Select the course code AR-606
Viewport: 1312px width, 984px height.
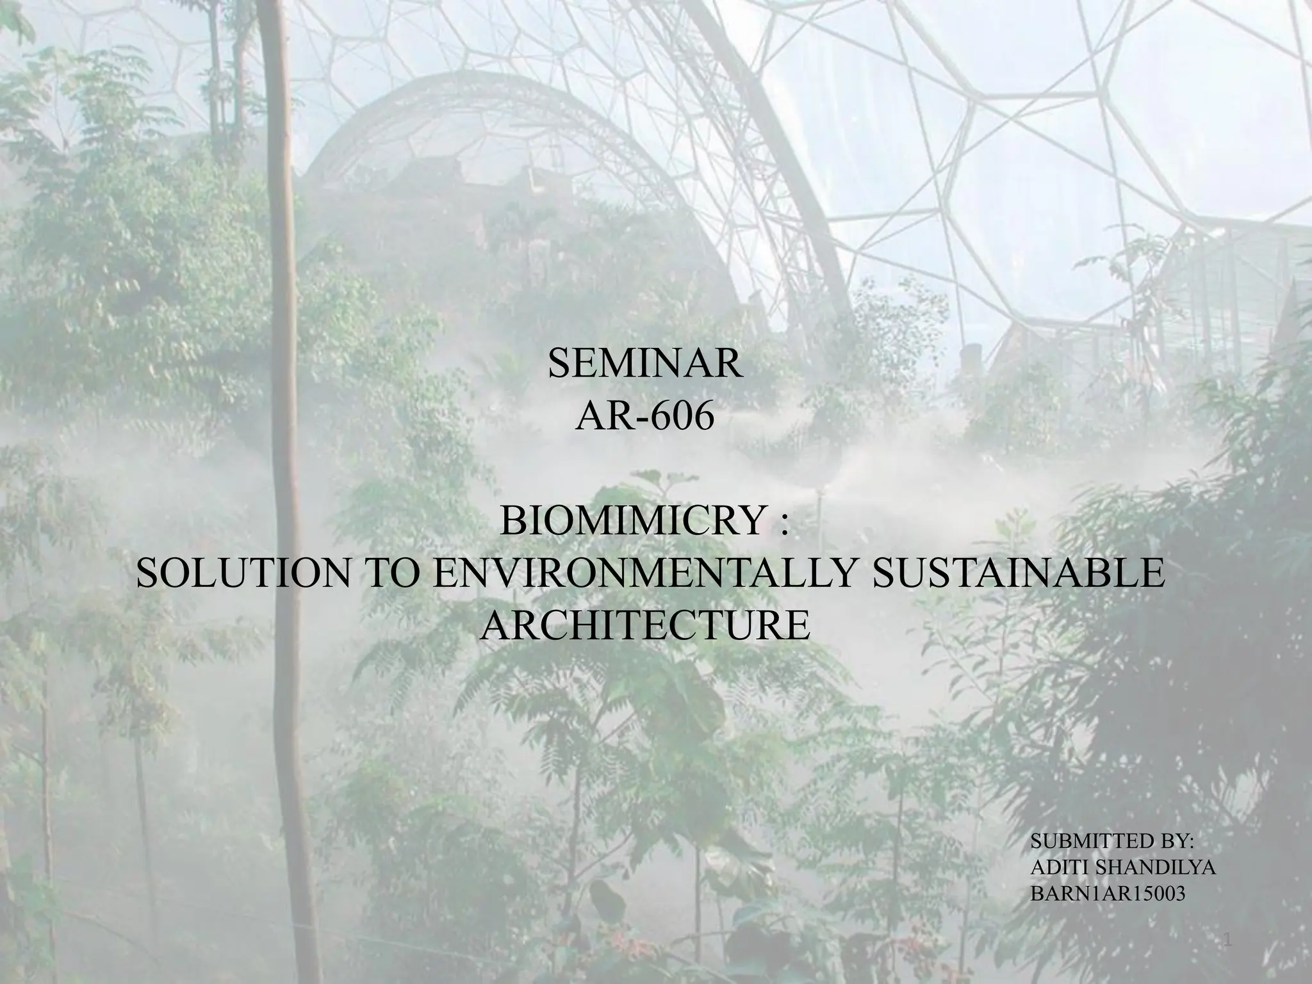645,417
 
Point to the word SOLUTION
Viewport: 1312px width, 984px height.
245,573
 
